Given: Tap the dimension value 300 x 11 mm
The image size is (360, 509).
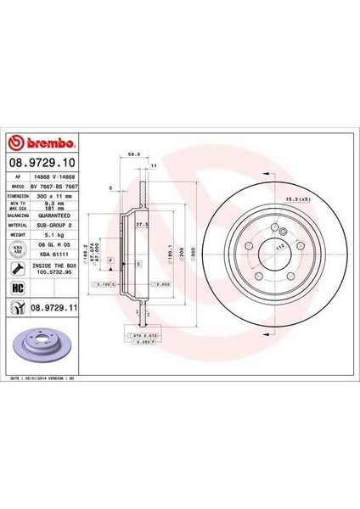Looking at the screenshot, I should pos(55,195).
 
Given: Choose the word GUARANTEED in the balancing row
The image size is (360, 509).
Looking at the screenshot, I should pos(57,215).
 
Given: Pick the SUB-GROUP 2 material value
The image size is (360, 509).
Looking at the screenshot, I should pos(57,226).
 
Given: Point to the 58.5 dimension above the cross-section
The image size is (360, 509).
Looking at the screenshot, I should pos(132,155).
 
